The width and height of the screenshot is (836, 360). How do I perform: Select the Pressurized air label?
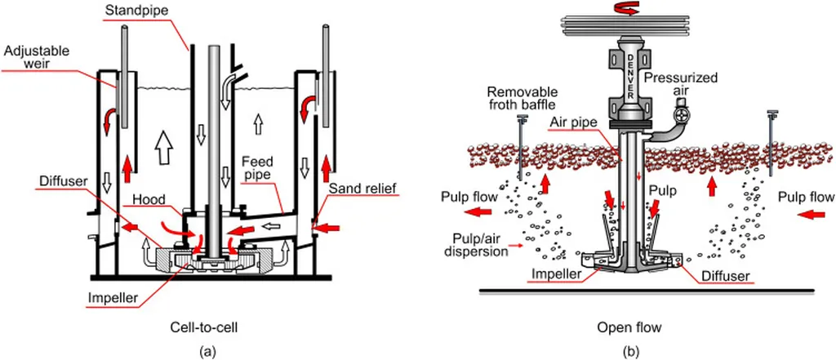coord(680,84)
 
